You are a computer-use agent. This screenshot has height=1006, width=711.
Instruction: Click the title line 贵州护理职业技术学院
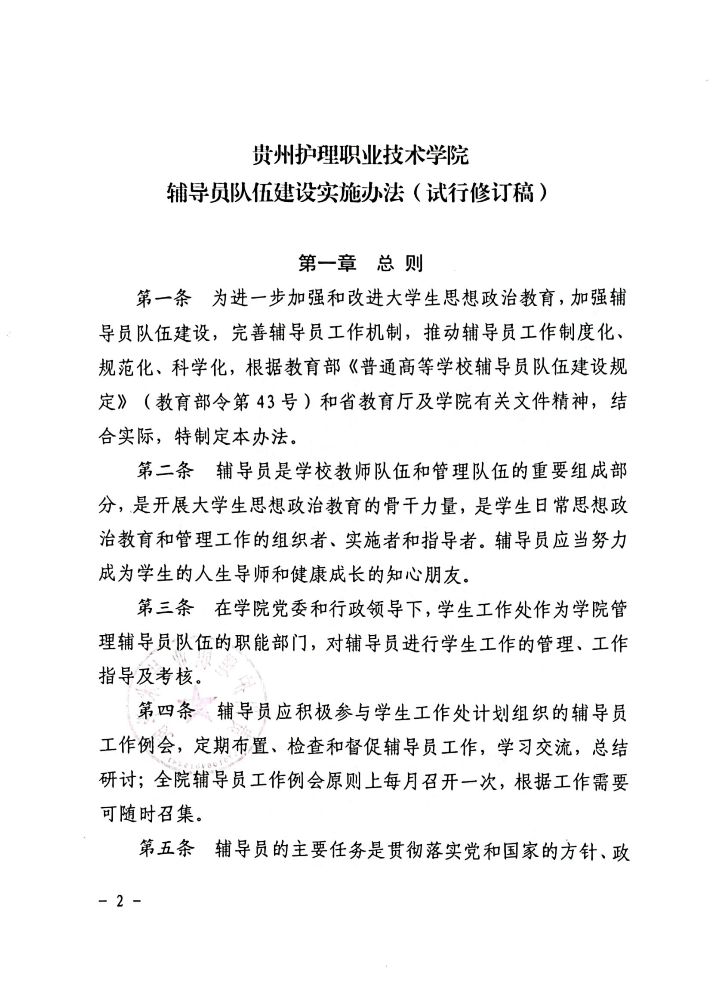pos(360,156)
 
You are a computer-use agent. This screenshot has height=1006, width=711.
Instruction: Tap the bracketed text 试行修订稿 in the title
pos(480,193)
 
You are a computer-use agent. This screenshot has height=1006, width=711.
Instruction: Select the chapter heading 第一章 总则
pos(360,264)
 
